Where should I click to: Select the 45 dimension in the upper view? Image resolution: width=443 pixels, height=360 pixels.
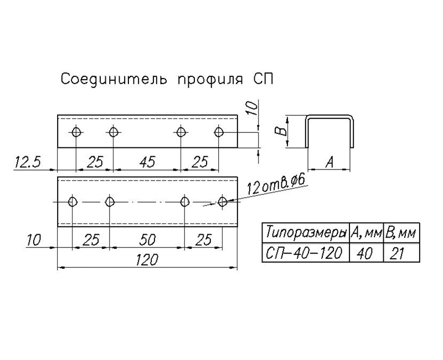point(146,162)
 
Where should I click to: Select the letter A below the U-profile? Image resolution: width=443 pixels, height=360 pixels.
point(330,162)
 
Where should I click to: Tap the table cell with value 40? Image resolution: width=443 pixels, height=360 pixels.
point(365,253)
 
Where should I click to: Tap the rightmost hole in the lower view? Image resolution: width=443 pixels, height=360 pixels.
point(223,202)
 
